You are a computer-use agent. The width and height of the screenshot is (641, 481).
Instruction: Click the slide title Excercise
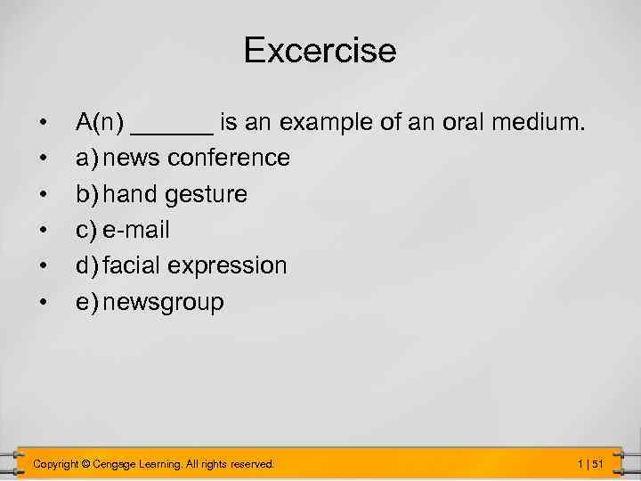pos(320,50)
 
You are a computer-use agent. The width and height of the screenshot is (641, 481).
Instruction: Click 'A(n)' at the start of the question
pos(99,122)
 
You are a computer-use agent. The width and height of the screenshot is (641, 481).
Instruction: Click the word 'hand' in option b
pos(132,193)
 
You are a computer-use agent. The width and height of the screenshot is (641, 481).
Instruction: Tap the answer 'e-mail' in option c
pos(135,230)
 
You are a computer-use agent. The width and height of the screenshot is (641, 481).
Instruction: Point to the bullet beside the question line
pos(42,122)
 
